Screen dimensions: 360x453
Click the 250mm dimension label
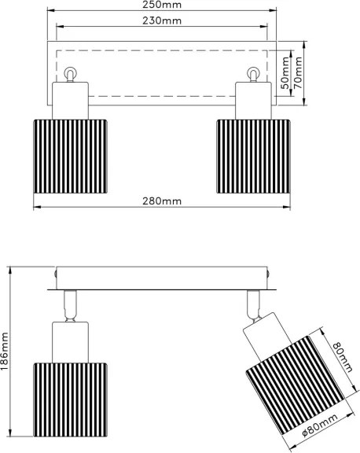pyautogui.click(x=162, y=5)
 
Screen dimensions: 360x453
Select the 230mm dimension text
pyautogui.click(x=162, y=20)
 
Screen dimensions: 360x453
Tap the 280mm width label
pyautogui.click(x=162, y=201)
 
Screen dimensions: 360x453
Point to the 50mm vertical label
pyautogui.click(x=285, y=73)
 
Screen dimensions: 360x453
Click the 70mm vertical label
pyautogui.click(x=298, y=73)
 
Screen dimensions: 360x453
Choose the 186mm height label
pyautogui.click(x=5, y=351)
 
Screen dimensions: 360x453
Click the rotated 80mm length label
pyautogui.click(x=343, y=357)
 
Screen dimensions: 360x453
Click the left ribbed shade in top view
pyautogui.click(x=71, y=157)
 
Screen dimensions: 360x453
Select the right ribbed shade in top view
pyautogui.click(x=253, y=157)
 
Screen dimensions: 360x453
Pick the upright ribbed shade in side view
pyautogui.click(x=71, y=400)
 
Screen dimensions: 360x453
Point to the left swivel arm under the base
pyautogui.click(x=70, y=306)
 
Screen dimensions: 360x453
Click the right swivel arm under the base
pyautogui.click(x=254, y=306)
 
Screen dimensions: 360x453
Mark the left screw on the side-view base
pyautogui.click(x=55, y=273)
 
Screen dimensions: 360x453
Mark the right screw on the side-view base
pyautogui.click(x=269, y=273)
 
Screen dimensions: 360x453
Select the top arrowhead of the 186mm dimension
pyautogui.click(x=10, y=270)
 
